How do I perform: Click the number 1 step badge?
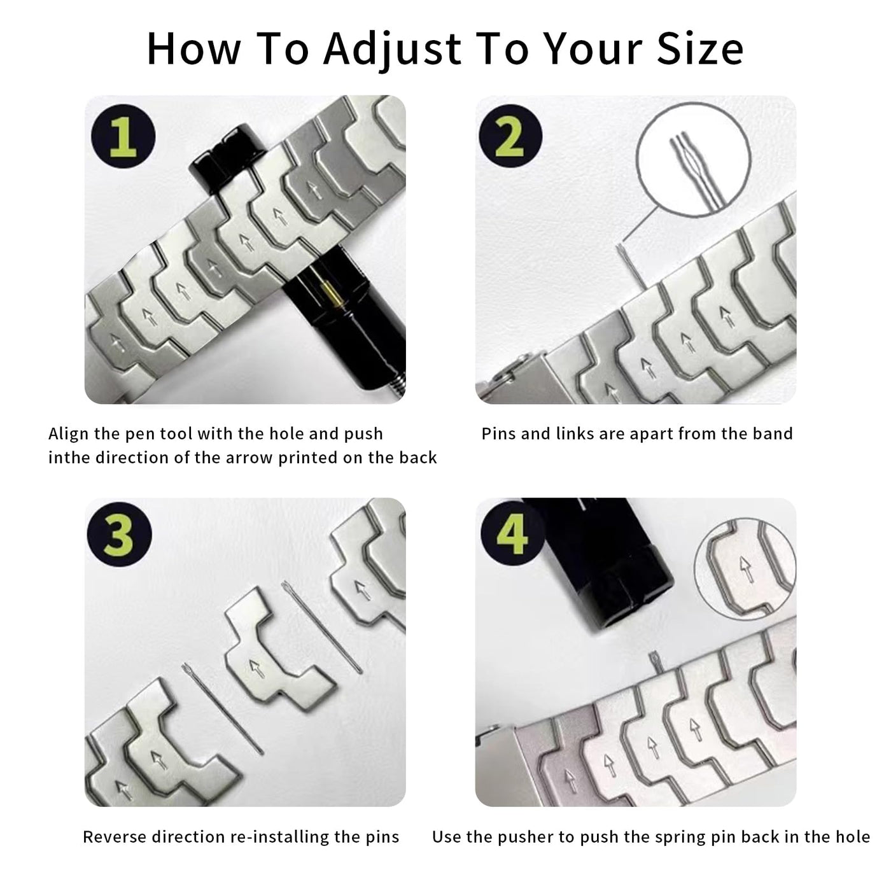(x=123, y=136)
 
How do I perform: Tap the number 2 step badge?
(x=510, y=136)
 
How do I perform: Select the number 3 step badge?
(x=119, y=535)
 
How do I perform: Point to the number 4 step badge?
(x=512, y=533)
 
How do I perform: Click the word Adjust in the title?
(x=393, y=50)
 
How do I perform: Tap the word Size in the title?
(x=699, y=48)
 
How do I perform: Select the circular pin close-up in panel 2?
(x=694, y=160)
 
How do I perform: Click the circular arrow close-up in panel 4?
(x=745, y=569)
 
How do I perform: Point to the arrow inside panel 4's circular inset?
(x=745, y=569)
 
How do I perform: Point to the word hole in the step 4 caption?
(x=851, y=837)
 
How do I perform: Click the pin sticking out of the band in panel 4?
(x=656, y=662)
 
